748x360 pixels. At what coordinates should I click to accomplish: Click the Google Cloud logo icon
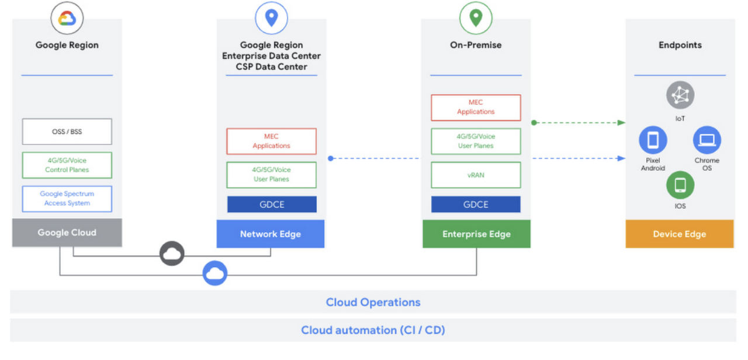tap(67, 18)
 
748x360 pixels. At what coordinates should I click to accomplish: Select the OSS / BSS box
tap(67, 132)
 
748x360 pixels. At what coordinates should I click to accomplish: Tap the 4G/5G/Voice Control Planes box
tap(67, 165)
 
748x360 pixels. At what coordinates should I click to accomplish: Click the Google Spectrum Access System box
tap(67, 199)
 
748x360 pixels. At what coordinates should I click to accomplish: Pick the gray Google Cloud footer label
tap(67, 233)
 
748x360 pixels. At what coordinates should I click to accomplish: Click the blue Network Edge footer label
tap(271, 234)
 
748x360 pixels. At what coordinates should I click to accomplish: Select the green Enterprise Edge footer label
tap(476, 234)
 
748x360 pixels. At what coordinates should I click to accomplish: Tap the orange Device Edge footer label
tap(680, 234)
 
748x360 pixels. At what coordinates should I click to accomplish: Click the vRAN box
tap(476, 175)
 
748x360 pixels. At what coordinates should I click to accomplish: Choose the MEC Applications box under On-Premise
tap(476, 108)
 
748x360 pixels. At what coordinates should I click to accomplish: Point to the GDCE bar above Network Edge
tap(272, 205)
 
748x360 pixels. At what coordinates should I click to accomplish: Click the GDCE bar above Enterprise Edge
tap(476, 205)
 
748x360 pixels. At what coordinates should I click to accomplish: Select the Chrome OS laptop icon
tap(707, 140)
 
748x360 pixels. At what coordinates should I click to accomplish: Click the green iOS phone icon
tap(680, 185)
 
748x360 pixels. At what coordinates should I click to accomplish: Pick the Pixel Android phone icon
tap(653, 140)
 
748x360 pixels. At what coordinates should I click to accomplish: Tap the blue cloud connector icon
tap(214, 273)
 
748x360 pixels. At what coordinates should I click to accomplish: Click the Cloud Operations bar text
tap(373, 302)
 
